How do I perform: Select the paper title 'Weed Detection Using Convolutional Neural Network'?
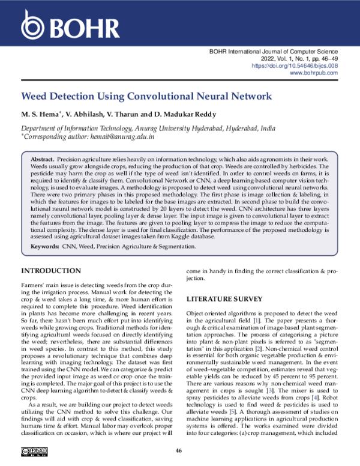pos(146,96)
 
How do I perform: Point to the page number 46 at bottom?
pos(179,451)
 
